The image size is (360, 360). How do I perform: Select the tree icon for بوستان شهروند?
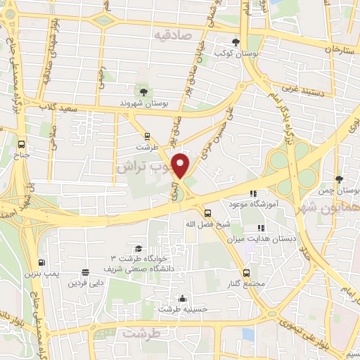(143, 92)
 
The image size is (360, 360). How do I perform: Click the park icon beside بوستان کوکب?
(236, 42)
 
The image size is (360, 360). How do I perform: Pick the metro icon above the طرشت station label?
(146, 136)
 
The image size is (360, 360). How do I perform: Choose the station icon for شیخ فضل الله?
(207, 213)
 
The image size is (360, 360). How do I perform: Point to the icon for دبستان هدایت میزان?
(261, 228)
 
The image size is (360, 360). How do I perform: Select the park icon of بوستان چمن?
(339, 180)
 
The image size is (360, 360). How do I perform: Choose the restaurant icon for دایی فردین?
(85, 273)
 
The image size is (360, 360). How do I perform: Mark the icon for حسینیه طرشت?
(183, 298)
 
